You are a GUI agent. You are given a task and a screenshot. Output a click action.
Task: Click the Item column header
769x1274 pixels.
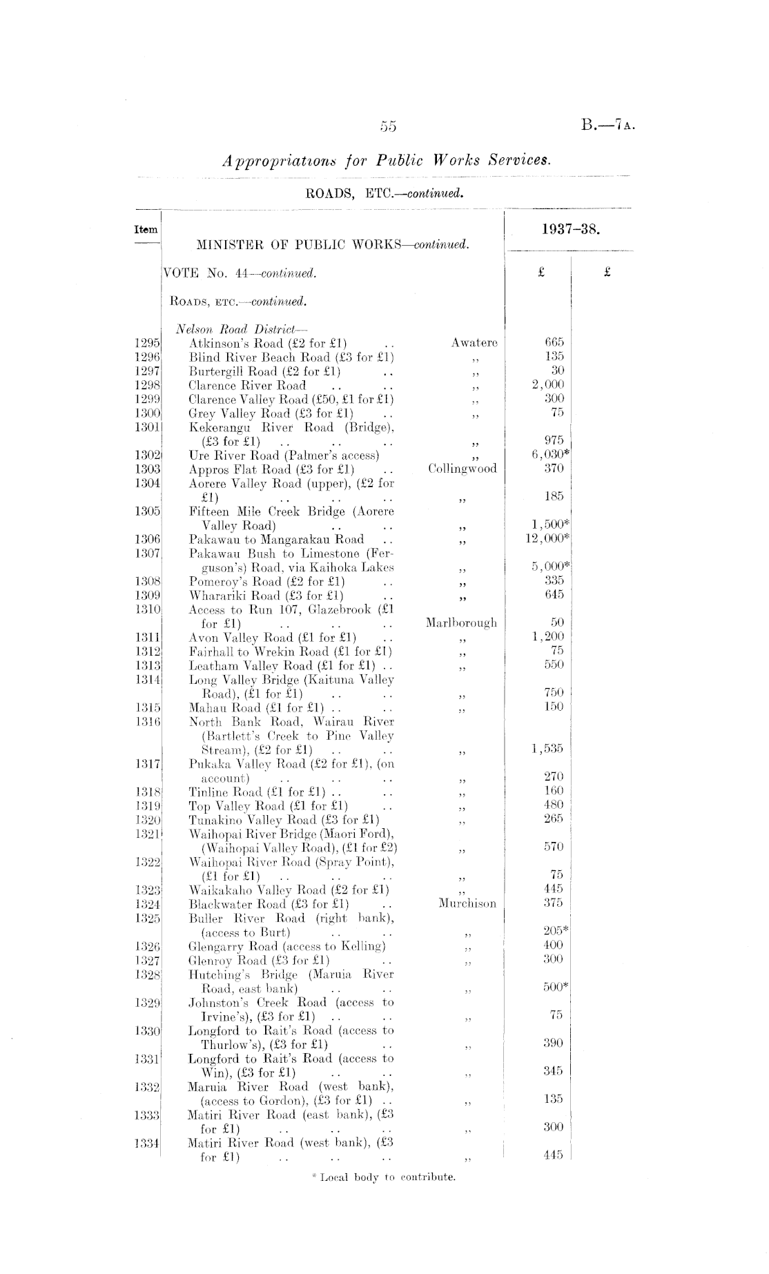coord(146,230)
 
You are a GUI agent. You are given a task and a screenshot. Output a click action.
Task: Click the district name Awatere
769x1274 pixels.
coord(474,342)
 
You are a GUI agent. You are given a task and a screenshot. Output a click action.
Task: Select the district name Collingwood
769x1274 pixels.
coord(462,469)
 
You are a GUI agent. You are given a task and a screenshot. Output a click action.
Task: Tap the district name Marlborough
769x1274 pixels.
coord(461,623)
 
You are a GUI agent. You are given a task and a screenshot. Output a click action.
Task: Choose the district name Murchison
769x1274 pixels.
coord(467,903)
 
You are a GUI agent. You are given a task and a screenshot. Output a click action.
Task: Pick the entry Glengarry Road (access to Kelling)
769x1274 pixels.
coord(286,945)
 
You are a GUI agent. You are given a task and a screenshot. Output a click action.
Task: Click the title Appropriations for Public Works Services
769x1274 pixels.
coord(387,161)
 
